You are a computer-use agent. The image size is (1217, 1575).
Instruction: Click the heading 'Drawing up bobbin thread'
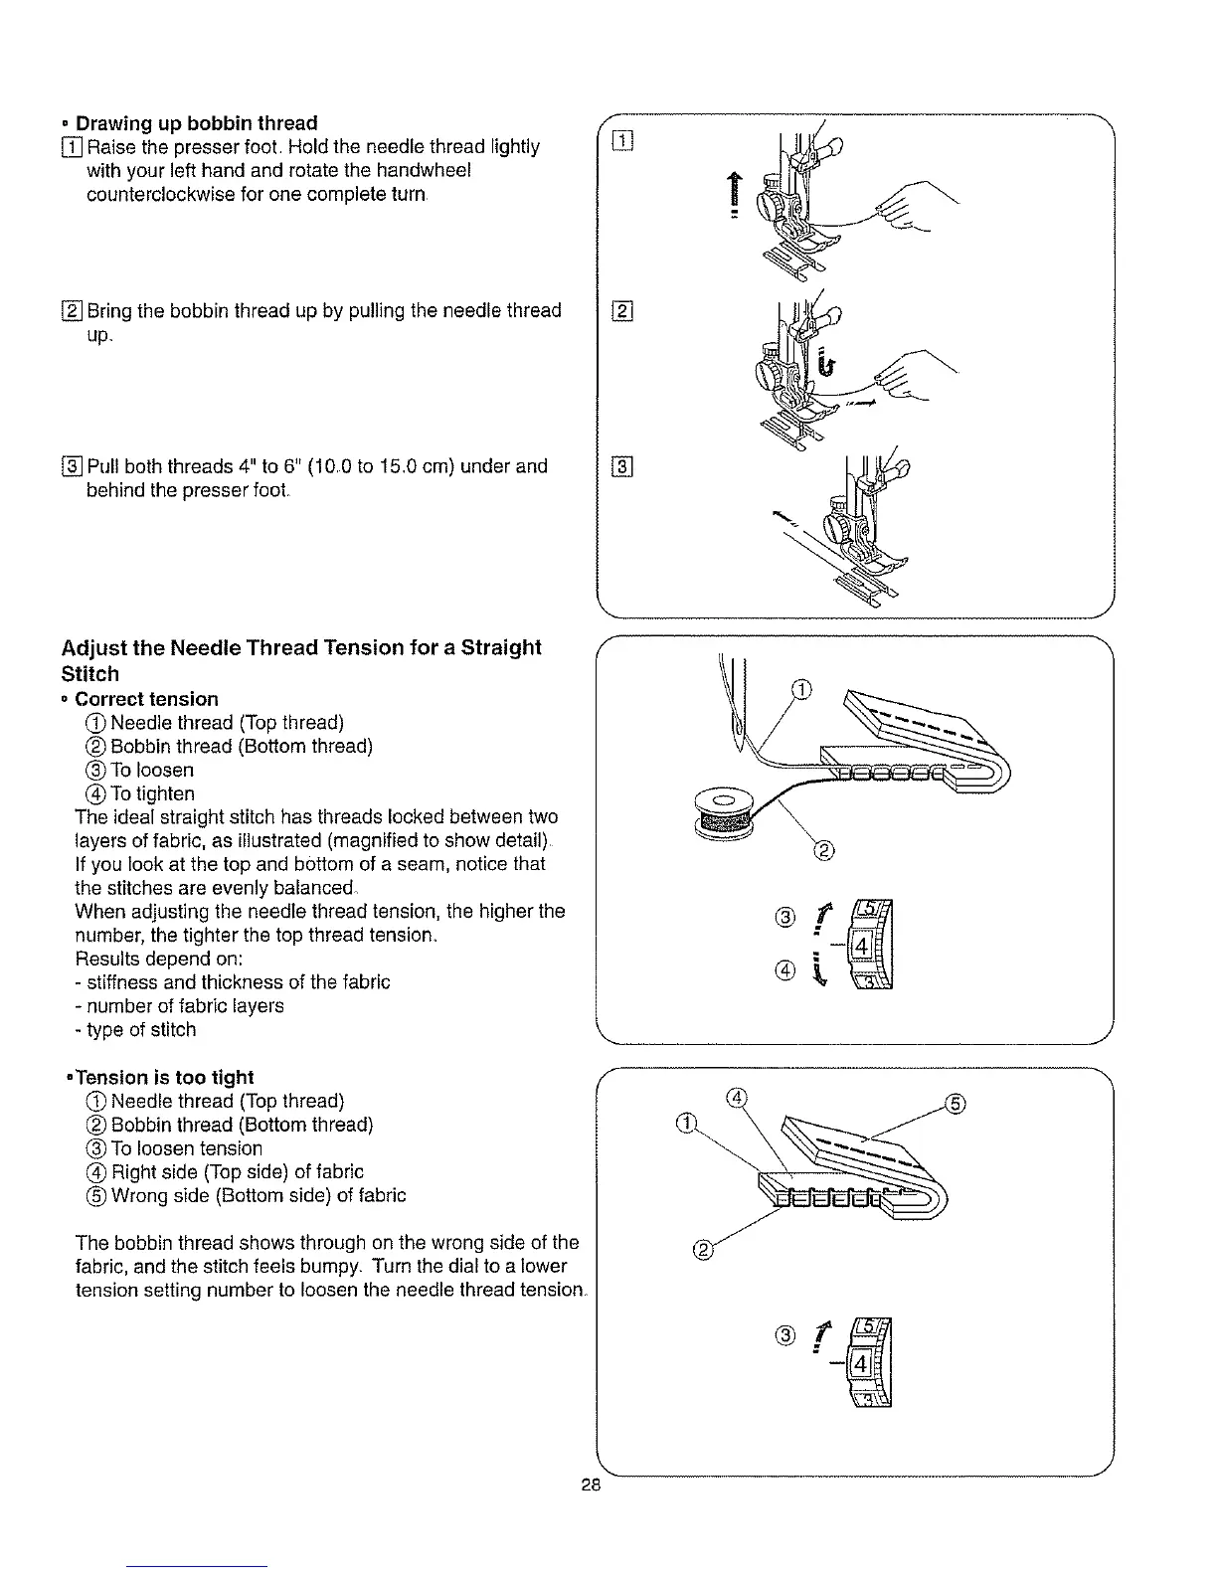(197, 123)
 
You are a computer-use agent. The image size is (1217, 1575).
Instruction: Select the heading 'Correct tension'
(146, 699)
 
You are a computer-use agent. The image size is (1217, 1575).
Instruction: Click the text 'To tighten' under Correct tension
(151, 793)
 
